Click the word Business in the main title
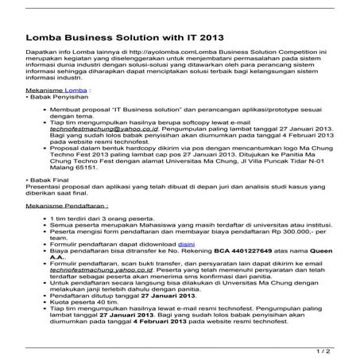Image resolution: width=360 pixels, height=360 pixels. [99, 36]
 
